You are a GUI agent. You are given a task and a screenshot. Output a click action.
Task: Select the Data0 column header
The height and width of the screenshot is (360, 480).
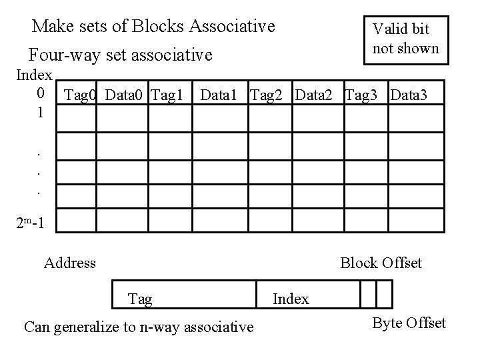125,95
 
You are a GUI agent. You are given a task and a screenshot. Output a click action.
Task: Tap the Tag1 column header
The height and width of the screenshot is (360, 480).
167,95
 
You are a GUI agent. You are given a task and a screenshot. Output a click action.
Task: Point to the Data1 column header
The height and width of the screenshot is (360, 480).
221,95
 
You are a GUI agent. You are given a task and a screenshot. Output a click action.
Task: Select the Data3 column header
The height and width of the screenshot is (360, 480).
413,95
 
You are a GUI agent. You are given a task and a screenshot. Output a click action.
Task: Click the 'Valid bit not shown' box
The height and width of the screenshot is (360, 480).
405,39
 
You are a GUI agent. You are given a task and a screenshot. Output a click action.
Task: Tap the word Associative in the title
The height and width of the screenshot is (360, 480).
232,27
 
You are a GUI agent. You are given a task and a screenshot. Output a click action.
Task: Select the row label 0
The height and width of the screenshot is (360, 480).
41,91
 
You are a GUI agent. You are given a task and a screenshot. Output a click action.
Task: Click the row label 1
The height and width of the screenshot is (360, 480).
41,113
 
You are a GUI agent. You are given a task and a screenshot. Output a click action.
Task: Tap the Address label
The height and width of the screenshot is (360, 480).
69,263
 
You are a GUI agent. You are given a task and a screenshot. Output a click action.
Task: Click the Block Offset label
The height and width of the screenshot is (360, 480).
381,263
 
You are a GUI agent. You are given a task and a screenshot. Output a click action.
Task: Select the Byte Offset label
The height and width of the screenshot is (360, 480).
409,323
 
